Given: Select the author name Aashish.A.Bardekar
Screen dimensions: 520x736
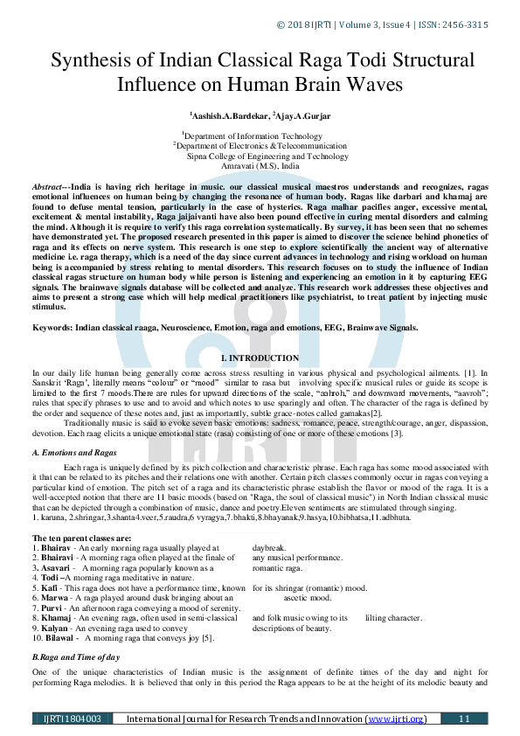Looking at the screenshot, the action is (x=230, y=115).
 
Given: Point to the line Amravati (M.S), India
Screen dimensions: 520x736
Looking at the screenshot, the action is (x=260, y=165).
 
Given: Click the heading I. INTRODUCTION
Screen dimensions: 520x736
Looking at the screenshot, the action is (x=260, y=358).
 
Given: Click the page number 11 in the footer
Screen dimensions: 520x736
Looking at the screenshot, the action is (x=464, y=719).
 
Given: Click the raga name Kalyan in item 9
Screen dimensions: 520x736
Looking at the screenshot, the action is (x=57, y=628).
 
